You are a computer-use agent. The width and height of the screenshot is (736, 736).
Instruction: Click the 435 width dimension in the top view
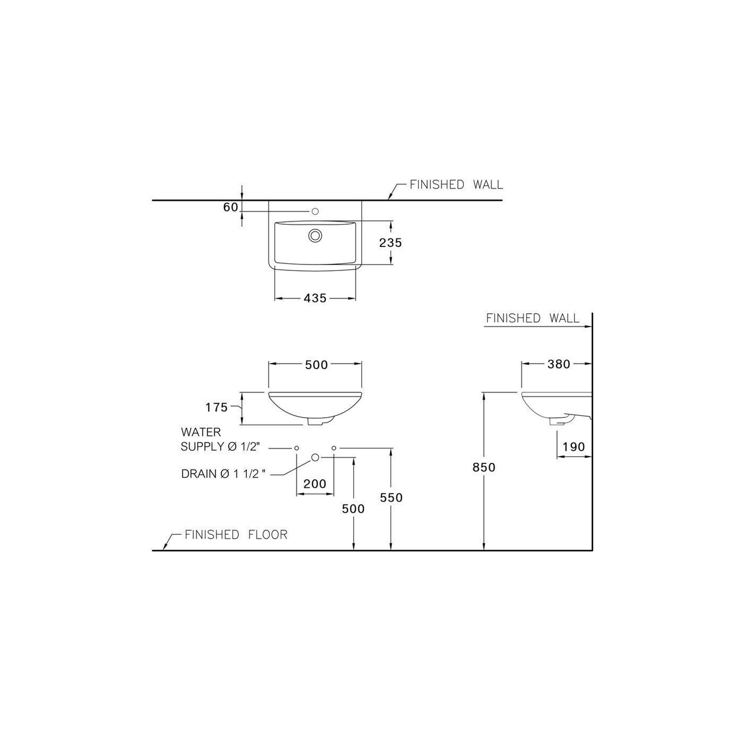(x=315, y=298)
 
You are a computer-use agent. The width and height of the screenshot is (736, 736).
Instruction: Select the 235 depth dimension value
(x=390, y=242)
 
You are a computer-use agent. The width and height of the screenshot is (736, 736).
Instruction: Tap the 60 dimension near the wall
(x=231, y=207)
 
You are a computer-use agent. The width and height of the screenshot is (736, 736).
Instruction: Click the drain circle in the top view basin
(x=315, y=235)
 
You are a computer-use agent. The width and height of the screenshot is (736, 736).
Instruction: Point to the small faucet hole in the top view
(x=314, y=212)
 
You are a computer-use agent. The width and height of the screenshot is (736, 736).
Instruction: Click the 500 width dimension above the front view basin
(x=316, y=365)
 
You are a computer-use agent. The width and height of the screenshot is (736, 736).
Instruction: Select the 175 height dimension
(x=217, y=408)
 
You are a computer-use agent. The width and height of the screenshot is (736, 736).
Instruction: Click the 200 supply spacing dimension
(x=315, y=484)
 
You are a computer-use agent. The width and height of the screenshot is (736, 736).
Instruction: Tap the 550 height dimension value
(x=391, y=498)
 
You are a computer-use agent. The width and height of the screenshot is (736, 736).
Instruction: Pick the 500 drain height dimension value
(x=353, y=509)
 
